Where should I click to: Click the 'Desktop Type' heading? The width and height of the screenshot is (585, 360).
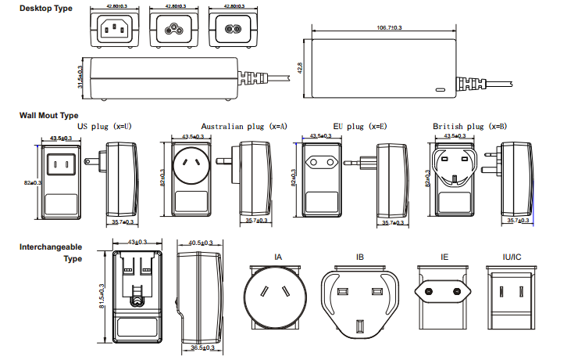46,8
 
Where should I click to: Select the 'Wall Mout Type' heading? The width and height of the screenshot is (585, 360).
49,115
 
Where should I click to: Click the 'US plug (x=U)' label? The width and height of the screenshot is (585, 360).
104,125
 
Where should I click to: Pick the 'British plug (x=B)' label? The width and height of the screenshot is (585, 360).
470,125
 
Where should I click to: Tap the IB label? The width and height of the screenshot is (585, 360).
359,257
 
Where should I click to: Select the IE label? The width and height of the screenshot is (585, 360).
444,257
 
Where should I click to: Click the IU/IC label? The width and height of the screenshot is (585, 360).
513,257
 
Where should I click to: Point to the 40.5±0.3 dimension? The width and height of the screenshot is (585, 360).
202,243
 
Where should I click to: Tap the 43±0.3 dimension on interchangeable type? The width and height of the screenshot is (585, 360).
137,243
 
